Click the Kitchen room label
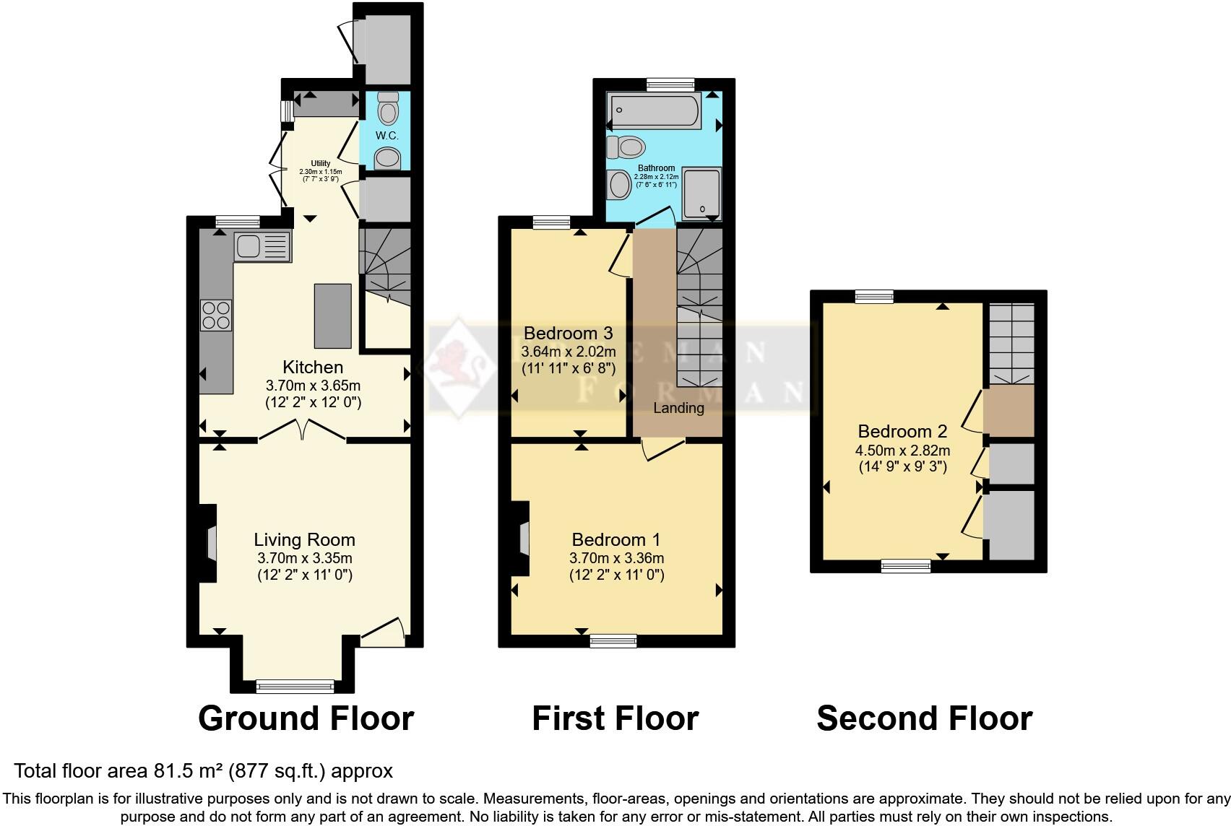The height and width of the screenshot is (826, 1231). pos(312,367)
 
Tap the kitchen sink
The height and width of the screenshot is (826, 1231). pos(262,246)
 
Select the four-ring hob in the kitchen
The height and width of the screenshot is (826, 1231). pos(216,315)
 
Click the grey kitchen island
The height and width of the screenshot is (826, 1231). pos(332,316)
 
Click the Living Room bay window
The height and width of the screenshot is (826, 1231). pos(295,685)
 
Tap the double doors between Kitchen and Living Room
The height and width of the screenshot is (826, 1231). pos(302,431)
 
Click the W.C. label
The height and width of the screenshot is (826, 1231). pos(386,136)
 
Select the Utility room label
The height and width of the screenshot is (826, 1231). pos(320,164)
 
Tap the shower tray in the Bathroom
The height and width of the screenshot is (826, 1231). pos(701,193)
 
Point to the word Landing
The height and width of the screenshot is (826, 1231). pos(678,408)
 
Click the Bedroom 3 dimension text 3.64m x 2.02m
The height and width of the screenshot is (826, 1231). pos(568,352)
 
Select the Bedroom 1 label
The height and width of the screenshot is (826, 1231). pos(615,539)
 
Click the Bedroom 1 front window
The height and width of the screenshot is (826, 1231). pos(613,640)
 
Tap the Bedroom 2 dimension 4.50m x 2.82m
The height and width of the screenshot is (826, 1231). pos(902,451)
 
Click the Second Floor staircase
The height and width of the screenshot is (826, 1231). pos(1011,343)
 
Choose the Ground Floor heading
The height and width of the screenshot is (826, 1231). pos(306,718)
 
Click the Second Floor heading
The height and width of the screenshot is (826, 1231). pos(924,718)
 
